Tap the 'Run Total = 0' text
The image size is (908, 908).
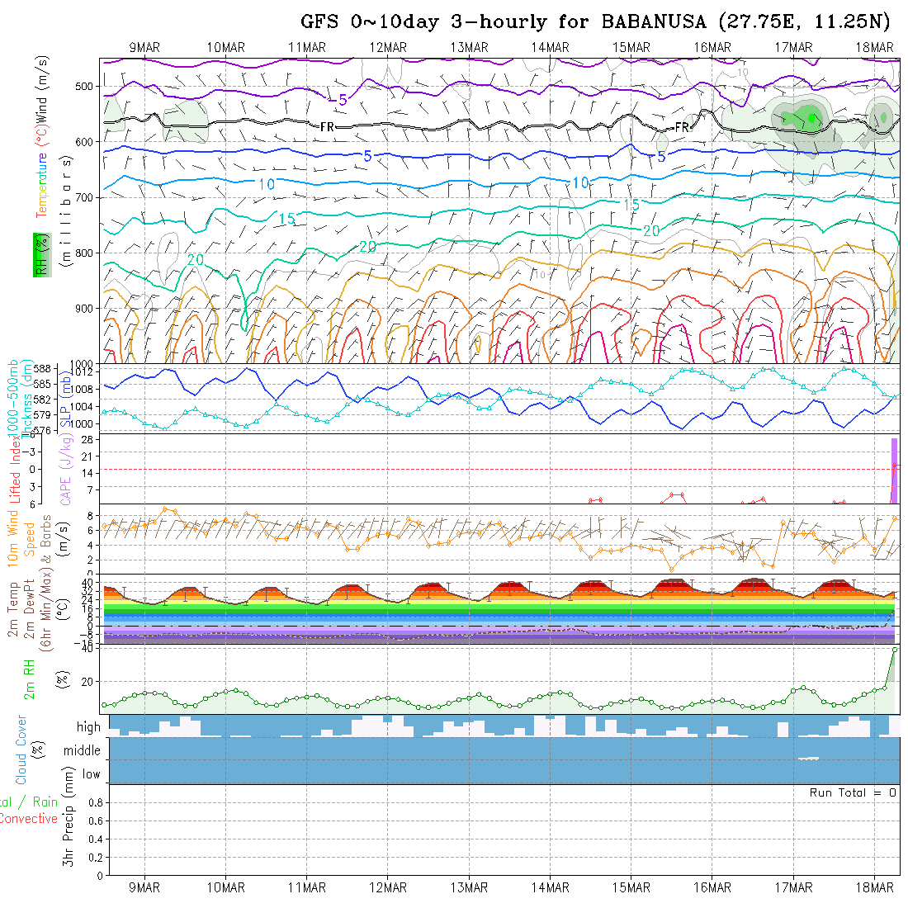[x=853, y=792]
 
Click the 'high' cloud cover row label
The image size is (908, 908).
[x=88, y=727]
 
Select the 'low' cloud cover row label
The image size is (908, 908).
[x=91, y=774]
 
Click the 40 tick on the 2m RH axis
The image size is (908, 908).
[x=87, y=649]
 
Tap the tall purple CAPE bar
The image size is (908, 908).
[x=893, y=470]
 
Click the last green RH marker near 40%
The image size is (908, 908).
[x=895, y=650]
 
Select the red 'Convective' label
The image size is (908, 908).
[x=28, y=819]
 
